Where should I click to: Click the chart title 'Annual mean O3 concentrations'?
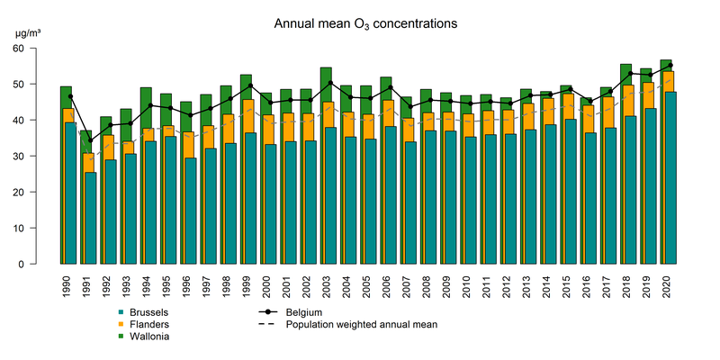coord(365,22)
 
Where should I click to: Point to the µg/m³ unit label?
coord(28,33)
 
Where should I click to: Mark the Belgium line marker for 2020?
coord(667,66)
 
